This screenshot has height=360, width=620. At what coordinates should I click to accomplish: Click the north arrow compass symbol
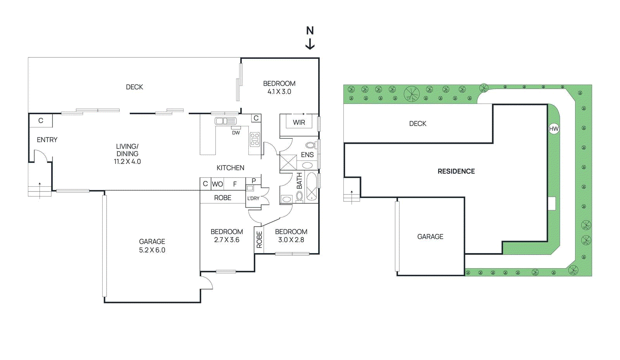click(310, 38)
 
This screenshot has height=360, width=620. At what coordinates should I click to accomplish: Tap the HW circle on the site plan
click(554, 129)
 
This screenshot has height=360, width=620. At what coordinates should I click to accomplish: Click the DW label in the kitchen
click(236, 133)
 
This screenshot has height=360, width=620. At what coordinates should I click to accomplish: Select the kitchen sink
click(225, 121)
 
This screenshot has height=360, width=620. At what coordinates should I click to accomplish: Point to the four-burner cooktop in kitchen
click(255, 140)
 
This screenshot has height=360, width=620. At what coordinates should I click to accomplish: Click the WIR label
click(299, 122)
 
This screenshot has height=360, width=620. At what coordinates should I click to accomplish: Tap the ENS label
click(307, 155)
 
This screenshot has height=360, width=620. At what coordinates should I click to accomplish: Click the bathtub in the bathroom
click(312, 186)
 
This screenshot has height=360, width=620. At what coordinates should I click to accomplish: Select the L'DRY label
click(253, 198)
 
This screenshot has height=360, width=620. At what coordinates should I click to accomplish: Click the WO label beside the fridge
click(217, 184)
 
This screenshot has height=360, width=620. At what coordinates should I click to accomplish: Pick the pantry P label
click(254, 181)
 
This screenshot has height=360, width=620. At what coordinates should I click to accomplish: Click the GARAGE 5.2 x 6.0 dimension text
click(152, 250)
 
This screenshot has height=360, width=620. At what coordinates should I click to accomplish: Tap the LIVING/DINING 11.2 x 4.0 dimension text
click(127, 162)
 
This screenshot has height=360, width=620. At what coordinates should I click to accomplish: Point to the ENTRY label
click(47, 140)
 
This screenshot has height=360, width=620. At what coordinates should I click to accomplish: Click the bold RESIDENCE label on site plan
click(456, 171)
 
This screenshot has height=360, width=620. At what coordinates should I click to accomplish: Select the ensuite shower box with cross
click(288, 162)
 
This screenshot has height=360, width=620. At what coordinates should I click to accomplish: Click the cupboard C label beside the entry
click(41, 121)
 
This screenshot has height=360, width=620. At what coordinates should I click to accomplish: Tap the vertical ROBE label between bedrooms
click(259, 239)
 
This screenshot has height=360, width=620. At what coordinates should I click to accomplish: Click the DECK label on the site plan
click(418, 124)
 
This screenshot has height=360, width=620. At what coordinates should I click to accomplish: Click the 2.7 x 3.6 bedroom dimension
click(226, 240)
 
